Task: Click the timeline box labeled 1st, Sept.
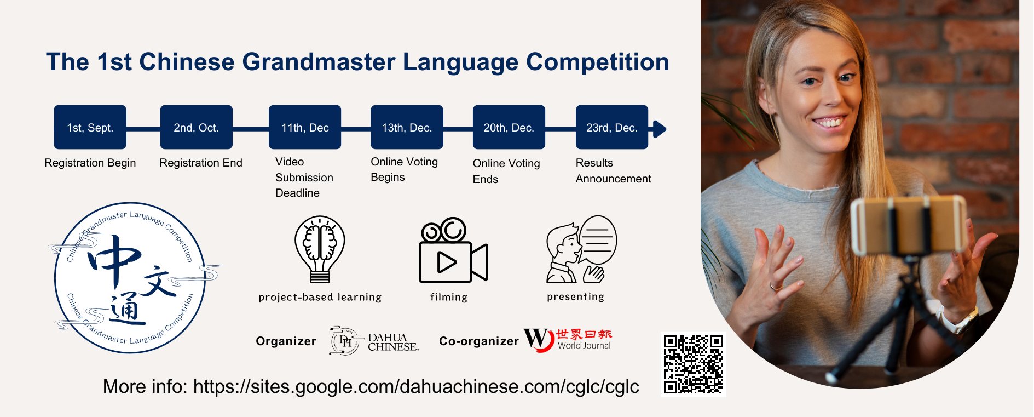pyautogui.click(x=90, y=127)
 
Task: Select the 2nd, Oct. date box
pyautogui.click(x=197, y=127)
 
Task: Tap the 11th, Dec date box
pyautogui.click(x=305, y=127)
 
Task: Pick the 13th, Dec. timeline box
pyautogui.click(x=407, y=127)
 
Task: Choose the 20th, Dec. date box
pyautogui.click(x=509, y=127)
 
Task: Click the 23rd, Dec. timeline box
pyautogui.click(x=612, y=127)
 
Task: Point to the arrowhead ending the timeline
pyautogui.click(x=660, y=129)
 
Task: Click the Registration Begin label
pyautogui.click(x=90, y=163)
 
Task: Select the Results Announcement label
pyautogui.click(x=614, y=171)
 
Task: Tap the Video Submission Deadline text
pyautogui.click(x=304, y=177)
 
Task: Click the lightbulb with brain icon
pyautogui.click(x=320, y=249)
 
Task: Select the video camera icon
pyautogui.click(x=453, y=250)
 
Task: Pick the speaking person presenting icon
pyautogui.click(x=581, y=249)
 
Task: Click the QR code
pyautogui.click(x=693, y=364)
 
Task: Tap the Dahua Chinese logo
pyautogui.click(x=374, y=341)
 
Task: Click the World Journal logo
pyautogui.click(x=568, y=339)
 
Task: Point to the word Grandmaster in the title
pyautogui.click(x=319, y=62)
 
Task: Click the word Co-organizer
pyautogui.click(x=479, y=341)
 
